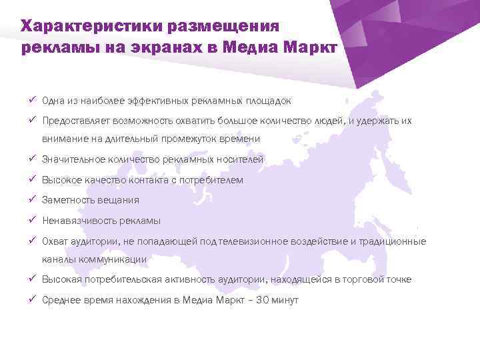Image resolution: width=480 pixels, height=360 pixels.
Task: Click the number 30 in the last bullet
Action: [266, 300]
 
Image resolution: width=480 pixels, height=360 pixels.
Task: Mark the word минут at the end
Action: [287, 300]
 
